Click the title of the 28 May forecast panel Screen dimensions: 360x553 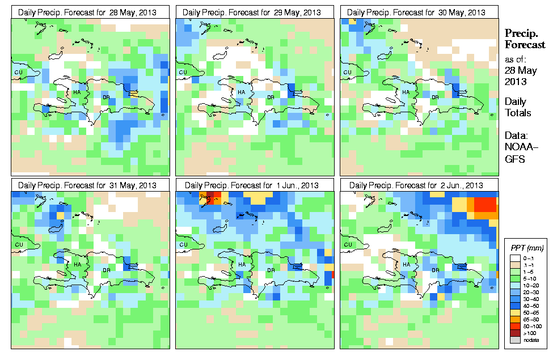click(x=90, y=12)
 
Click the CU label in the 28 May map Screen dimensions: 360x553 click(x=18, y=73)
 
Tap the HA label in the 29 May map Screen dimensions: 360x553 click(x=241, y=92)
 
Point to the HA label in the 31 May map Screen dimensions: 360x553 click(x=77, y=265)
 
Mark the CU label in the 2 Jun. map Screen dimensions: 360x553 click(x=347, y=245)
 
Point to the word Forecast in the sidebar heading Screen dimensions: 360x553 click(x=525, y=45)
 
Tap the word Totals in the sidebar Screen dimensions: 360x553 click(x=518, y=113)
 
